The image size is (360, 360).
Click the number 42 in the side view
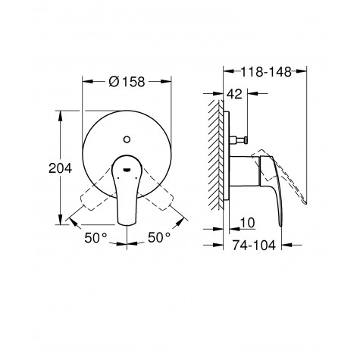click(x=237, y=95)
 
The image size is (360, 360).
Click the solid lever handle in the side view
click(x=269, y=182)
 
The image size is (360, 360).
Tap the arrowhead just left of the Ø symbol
click(x=85, y=80)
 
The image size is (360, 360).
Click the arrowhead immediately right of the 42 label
click(x=252, y=95)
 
